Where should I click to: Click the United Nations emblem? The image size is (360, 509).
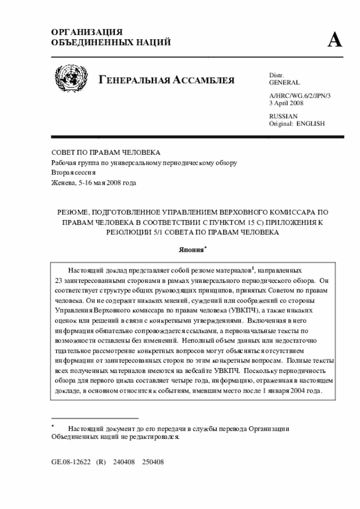click(x=71, y=79)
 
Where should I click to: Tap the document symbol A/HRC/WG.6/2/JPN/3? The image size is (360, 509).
click(x=300, y=96)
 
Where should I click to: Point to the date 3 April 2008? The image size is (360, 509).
click(x=287, y=103)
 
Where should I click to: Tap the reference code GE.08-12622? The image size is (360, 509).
click(x=71, y=461)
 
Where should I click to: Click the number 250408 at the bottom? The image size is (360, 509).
click(x=152, y=461)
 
